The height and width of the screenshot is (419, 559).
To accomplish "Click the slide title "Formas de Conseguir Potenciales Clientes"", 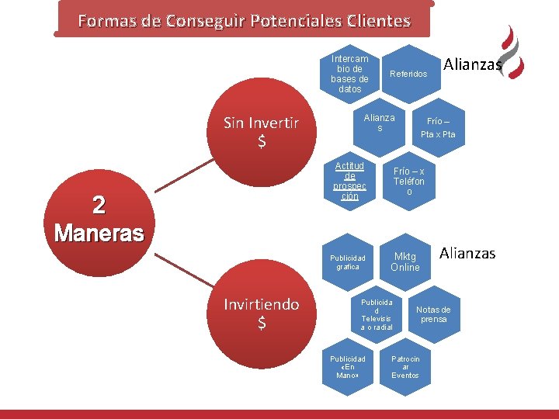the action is [x=244, y=20].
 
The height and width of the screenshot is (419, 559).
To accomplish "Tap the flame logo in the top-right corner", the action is [x=512, y=52].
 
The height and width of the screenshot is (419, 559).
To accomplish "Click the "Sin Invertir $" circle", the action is [x=261, y=132].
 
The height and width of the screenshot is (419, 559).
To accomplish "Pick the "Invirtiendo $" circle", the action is [x=261, y=313].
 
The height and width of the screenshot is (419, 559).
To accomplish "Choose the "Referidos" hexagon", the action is [x=408, y=74].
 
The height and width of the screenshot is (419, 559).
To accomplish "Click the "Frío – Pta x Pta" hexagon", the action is [x=438, y=127].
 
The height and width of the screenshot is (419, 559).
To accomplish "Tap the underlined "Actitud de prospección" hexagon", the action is [x=349, y=182].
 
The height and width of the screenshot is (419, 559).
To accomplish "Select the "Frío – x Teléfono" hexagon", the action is [x=408, y=181].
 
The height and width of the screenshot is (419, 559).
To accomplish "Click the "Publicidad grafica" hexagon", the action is [x=348, y=261].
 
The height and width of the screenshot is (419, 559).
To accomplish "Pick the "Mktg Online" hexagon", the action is [x=405, y=261].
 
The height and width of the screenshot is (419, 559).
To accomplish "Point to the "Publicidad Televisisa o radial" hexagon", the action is [x=377, y=314].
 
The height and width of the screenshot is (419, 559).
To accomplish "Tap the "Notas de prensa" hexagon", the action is [x=433, y=314].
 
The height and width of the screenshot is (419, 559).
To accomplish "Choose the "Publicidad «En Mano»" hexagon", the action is [x=348, y=367].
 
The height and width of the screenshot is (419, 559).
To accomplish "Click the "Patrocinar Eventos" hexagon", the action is [x=405, y=367].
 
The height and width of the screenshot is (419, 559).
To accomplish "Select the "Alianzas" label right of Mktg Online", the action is [x=467, y=253].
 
